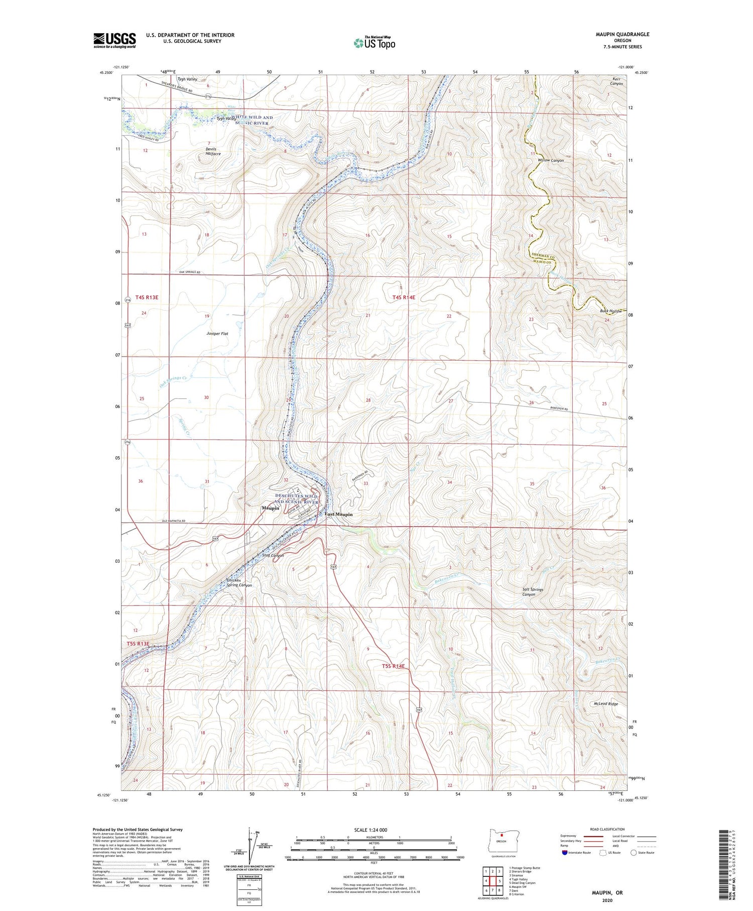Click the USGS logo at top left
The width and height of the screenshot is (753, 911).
point(114,40)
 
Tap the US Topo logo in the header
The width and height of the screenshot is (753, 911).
point(374,43)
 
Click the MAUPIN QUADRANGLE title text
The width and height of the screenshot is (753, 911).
point(620,34)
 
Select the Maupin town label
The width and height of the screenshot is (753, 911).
point(270,508)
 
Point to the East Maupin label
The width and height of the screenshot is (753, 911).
point(338,514)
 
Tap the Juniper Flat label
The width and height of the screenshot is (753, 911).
point(217,333)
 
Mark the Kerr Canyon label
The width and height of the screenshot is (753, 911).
point(616,81)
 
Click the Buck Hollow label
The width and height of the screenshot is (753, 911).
point(610,311)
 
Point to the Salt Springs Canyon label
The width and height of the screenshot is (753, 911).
point(532,592)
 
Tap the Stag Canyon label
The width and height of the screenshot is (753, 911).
point(273,555)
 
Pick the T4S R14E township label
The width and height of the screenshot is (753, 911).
point(404,297)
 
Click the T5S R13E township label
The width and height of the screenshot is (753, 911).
point(138,644)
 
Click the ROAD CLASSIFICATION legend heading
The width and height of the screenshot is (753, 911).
point(607,829)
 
